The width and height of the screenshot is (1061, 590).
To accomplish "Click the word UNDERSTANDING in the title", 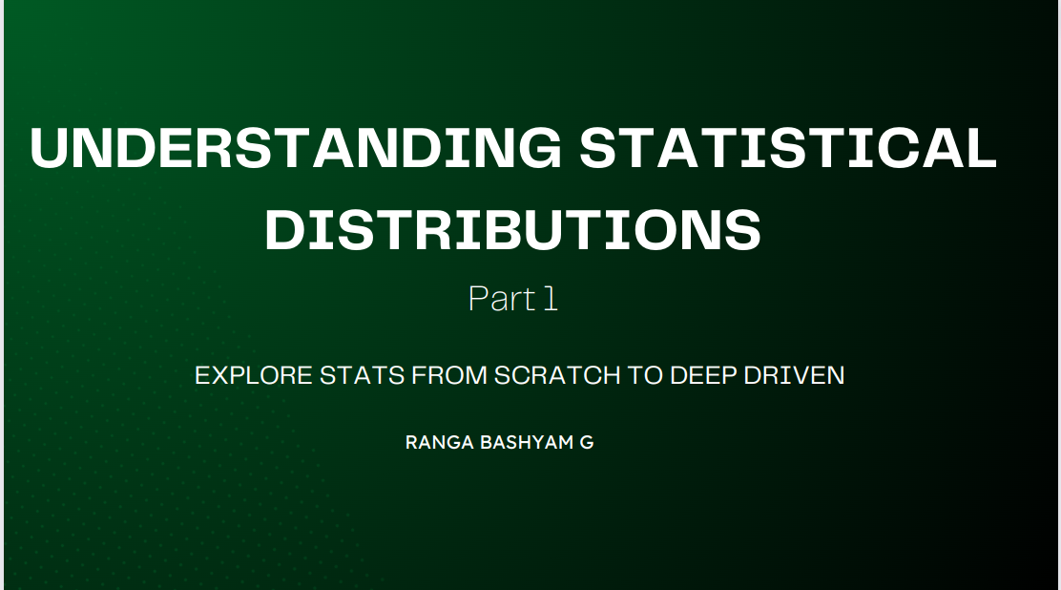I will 296,149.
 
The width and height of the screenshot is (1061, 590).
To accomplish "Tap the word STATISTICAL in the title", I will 788,149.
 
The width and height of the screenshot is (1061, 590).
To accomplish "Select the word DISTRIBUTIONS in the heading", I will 512,228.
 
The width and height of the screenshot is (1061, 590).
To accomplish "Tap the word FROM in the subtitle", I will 448,375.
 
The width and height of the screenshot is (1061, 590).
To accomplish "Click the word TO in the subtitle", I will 645,375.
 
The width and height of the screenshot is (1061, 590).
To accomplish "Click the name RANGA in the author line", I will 433,443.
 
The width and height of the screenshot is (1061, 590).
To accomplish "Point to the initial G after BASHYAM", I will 587,443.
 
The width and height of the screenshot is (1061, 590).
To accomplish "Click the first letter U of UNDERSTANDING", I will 51,149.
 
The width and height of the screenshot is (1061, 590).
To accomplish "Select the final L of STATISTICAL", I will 979,149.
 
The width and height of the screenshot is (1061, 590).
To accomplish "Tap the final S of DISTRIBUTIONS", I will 742,228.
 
